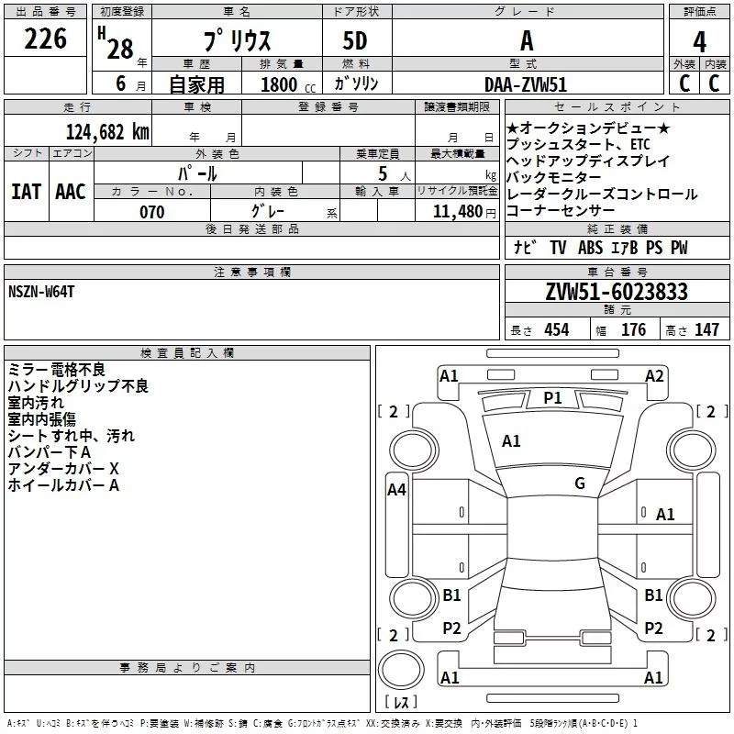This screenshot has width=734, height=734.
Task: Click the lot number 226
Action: point(45,39)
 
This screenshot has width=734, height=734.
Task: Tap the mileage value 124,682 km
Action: point(107,132)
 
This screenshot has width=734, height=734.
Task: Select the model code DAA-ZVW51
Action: point(526,84)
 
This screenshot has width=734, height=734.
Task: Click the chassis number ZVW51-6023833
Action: point(617,292)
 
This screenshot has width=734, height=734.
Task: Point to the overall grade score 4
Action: point(699,42)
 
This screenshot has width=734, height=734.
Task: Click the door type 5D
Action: point(355,41)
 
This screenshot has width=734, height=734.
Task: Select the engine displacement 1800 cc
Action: point(288,84)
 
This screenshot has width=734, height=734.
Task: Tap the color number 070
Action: point(152,212)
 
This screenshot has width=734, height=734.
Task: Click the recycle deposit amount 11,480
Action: point(458,211)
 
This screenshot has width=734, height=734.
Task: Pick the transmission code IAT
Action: point(27,192)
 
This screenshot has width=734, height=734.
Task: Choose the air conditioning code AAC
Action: point(71,192)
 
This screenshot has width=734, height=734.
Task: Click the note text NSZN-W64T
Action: point(41,292)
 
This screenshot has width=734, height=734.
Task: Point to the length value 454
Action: point(557,329)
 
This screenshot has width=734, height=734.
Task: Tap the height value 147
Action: point(706,329)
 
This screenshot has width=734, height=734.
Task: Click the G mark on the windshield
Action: point(580,483)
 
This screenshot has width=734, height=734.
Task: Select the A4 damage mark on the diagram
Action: point(396,490)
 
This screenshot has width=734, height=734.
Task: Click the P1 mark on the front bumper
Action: point(552,398)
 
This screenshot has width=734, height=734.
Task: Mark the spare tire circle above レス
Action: point(401,670)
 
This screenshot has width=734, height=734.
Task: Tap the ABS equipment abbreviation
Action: point(590,248)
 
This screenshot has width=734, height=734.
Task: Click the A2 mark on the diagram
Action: point(654,376)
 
